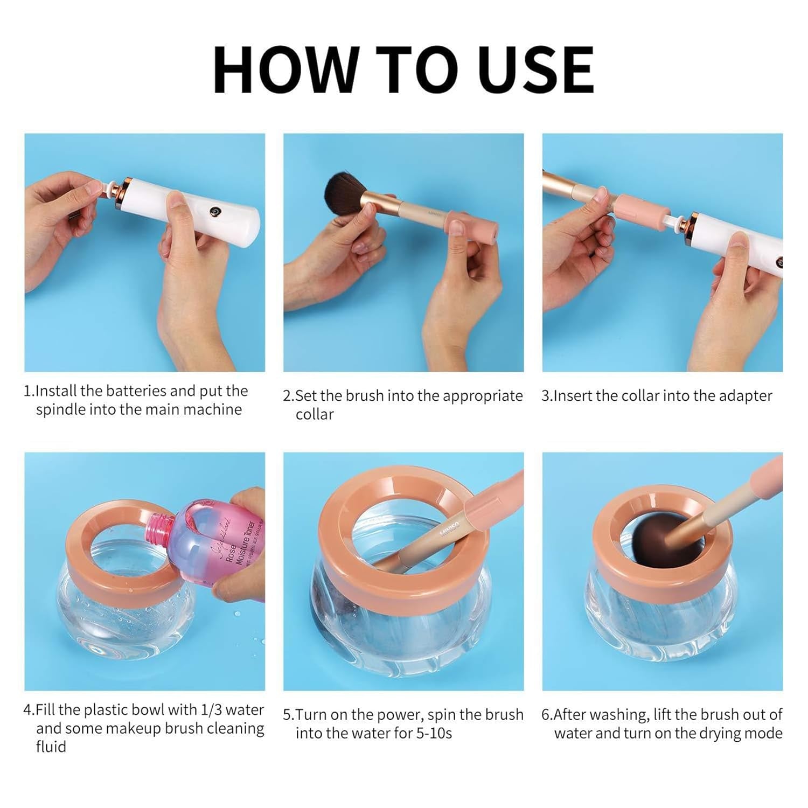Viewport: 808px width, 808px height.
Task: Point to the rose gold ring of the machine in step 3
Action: click(691, 229)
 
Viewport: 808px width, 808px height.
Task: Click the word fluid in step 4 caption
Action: click(51, 747)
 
